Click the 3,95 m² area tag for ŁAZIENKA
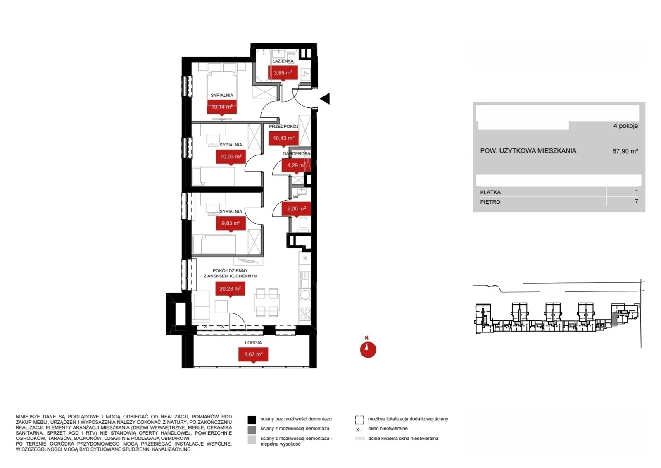tap(283, 73)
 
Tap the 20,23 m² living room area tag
tap(230, 289)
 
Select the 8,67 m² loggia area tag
tap(253, 354)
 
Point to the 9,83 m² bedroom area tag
tap(231, 223)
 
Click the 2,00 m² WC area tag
tap(296, 209)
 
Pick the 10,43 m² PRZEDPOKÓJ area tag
tap(283, 138)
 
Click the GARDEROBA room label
tap(296, 153)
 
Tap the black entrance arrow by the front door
tap(325, 99)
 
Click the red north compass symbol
tap(368, 349)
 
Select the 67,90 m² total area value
tap(625, 151)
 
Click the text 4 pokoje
tap(625, 126)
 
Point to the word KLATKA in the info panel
tap(490, 193)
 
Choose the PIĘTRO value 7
tap(637, 201)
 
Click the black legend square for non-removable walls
tap(252, 420)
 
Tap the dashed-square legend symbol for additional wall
tap(359, 420)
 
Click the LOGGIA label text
tap(253, 343)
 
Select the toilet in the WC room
tap(303, 225)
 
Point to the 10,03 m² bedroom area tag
tap(231, 157)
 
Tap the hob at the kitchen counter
tap(305, 314)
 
